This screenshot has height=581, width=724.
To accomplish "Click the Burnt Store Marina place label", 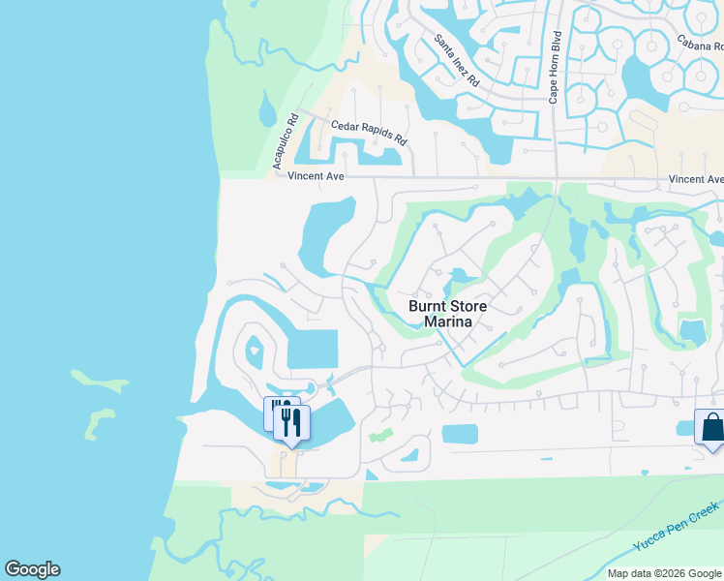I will coord(447,314).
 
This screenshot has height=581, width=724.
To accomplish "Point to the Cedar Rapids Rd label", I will coord(369,132).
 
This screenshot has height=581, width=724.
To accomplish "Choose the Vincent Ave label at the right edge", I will coord(696,179).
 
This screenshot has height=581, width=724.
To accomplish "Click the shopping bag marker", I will coord(711,427).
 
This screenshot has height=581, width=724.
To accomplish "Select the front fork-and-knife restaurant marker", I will coord(291,422).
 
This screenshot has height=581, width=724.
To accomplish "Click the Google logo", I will coord(32,569).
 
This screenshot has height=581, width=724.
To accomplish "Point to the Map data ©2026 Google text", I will coord(663,573).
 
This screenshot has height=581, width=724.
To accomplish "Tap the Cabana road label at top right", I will coord(700,43).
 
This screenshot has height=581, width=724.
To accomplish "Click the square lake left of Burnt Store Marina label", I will coord(313,349).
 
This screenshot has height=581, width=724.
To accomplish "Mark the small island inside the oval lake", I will coord(255,348).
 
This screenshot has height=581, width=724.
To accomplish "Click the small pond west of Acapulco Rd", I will coord(267,111).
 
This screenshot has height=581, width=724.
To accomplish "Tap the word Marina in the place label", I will coord(447,322).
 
